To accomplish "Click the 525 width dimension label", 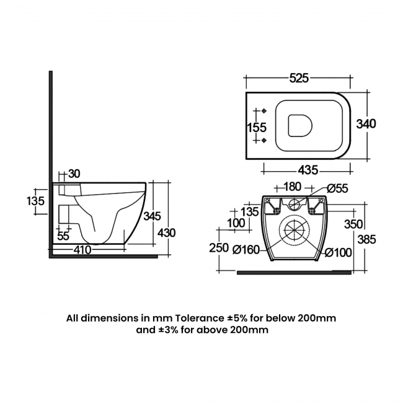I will click(x=299, y=78).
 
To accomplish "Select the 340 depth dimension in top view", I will click(x=366, y=124).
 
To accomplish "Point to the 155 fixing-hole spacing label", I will click(x=257, y=128).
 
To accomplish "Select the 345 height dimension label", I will click(x=152, y=216).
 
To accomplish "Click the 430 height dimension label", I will click(x=167, y=232).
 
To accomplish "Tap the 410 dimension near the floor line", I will click(x=82, y=250).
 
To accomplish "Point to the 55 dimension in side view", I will click(x=63, y=236).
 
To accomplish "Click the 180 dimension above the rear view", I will click(x=291, y=187).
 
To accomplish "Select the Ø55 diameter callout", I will click(x=337, y=187).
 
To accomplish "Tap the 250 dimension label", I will click(x=219, y=247).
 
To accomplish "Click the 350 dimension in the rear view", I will click(x=353, y=224).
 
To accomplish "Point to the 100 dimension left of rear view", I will click(x=236, y=223).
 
